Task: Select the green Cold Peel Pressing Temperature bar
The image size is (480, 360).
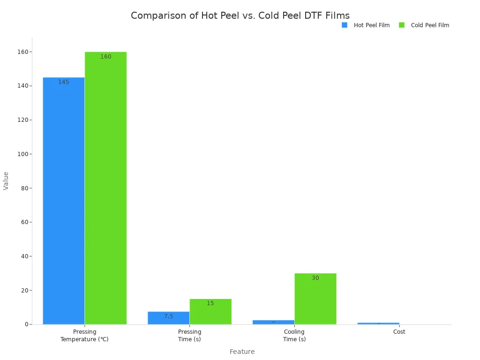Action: coord(105,187)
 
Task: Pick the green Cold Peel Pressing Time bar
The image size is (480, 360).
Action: coord(210,311)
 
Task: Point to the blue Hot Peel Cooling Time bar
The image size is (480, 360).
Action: coord(273,322)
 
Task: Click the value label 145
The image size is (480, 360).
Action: coord(64,82)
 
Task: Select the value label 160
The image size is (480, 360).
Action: coord(106,57)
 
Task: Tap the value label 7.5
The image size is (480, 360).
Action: coord(168,316)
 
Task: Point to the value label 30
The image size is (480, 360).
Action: coord(315,278)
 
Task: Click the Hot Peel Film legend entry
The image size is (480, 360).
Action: coord(366,25)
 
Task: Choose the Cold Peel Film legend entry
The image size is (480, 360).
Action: coord(424,25)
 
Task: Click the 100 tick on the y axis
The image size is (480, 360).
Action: coord(22,154)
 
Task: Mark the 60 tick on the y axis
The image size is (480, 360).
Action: coord(24,222)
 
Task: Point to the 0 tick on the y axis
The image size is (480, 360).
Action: coord(26,324)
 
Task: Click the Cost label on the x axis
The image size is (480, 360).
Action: coord(399,332)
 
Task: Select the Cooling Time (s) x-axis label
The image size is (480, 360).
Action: coord(294,336)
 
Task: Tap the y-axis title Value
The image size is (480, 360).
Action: coord(6,180)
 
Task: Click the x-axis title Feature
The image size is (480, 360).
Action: coord(242,352)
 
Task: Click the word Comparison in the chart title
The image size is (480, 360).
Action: coord(159,15)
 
